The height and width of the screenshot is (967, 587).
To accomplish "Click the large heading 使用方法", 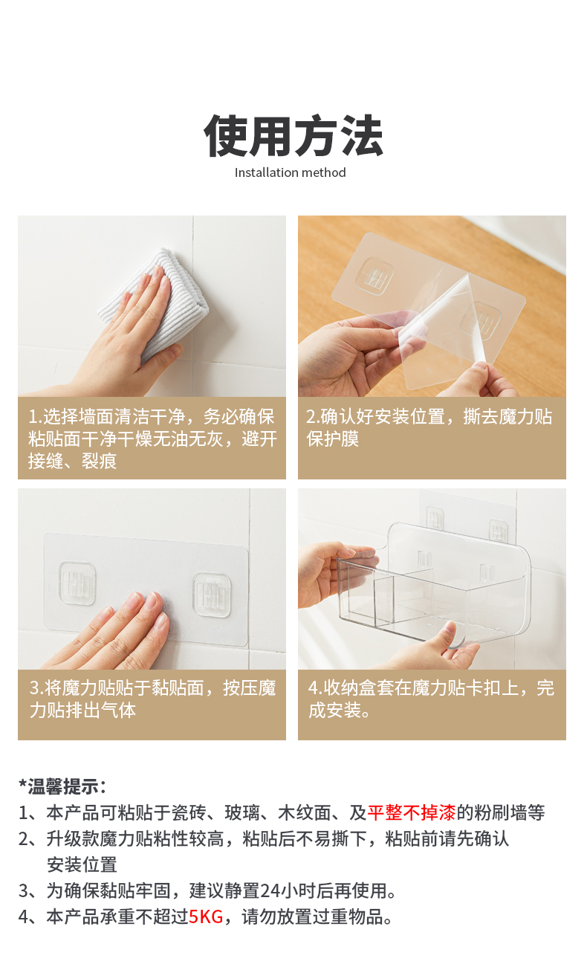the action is (x=293, y=135).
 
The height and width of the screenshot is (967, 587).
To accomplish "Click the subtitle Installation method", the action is (x=290, y=172).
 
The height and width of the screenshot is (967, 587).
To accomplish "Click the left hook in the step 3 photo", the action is (x=77, y=583).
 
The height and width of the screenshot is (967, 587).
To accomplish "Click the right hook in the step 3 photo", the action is (x=212, y=595).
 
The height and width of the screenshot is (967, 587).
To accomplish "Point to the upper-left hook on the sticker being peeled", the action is (x=376, y=275).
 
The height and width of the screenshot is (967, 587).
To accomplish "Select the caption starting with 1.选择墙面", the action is (x=152, y=439).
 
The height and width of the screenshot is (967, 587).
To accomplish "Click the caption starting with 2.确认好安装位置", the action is (x=429, y=427).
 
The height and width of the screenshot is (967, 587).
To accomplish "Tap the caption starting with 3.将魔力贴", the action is (x=152, y=699).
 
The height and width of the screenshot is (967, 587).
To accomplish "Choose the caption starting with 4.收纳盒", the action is (x=431, y=699).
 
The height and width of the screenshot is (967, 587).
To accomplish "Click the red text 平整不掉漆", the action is (x=412, y=812).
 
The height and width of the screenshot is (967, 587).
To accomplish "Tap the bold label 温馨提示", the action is (x=63, y=786).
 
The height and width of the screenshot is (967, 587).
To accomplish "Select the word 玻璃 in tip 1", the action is (x=242, y=812).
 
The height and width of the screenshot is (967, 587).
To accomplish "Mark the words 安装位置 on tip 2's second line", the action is (x=82, y=864).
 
